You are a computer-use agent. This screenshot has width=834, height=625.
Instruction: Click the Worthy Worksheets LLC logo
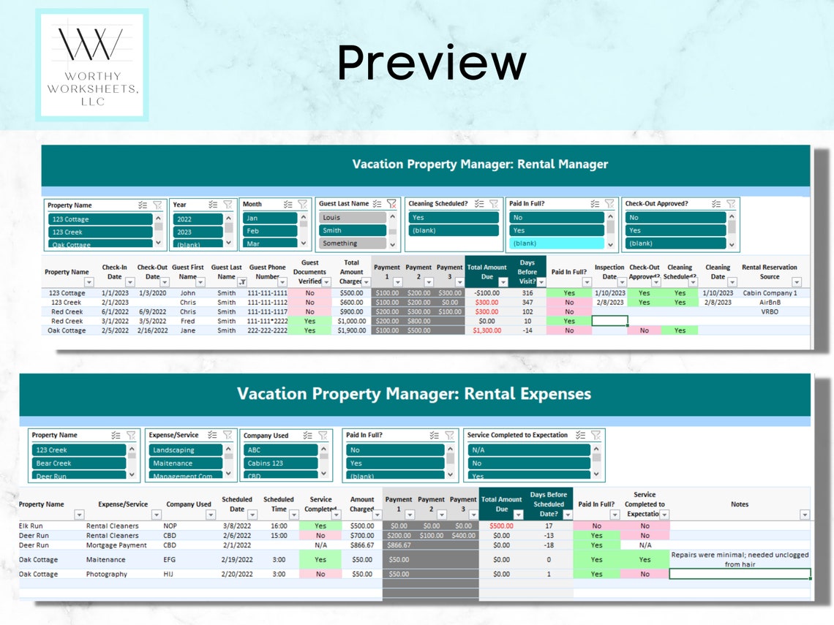(x=91, y=65)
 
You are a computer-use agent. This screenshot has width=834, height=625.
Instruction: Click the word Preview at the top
(x=432, y=63)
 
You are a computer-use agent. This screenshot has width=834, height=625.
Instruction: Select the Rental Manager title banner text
(x=480, y=164)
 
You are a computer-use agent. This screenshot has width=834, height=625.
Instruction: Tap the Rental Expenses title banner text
(x=413, y=394)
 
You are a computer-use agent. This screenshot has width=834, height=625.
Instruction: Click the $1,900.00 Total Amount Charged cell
(x=351, y=330)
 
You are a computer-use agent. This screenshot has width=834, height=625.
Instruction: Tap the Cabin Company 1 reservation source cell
(x=769, y=293)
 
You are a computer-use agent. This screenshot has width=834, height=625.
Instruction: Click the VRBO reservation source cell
(x=770, y=311)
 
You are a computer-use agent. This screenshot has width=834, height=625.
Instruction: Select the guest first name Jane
(x=188, y=330)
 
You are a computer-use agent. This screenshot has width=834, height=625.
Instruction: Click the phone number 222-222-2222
(x=267, y=330)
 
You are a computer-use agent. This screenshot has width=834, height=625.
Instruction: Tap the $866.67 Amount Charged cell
(x=361, y=545)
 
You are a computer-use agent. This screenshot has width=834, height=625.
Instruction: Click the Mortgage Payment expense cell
(x=116, y=545)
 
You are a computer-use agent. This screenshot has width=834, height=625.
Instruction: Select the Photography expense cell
(x=107, y=574)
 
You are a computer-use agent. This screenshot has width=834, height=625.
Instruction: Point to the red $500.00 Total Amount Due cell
(x=501, y=526)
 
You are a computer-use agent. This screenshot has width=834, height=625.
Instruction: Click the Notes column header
(x=739, y=504)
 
